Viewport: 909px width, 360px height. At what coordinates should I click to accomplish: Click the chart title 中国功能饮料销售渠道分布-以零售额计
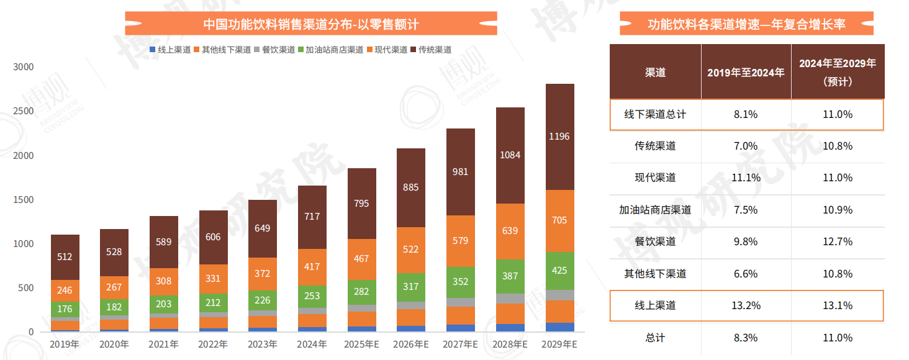point(311,24)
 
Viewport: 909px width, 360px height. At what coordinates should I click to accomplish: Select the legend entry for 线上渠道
point(170,50)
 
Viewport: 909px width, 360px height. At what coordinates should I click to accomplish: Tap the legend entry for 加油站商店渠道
point(330,50)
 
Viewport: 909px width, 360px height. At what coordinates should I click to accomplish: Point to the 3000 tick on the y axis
point(24,66)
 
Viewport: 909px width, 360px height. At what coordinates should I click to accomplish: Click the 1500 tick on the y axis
point(24,199)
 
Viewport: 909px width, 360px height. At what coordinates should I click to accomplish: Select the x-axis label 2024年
point(312,344)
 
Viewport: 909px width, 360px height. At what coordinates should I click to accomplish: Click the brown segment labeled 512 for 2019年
point(65,257)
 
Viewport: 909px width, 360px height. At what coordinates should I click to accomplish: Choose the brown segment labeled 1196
point(559,137)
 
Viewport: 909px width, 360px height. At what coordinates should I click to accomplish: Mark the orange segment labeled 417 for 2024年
point(312,267)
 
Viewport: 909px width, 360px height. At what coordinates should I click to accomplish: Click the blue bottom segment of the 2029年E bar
point(559,327)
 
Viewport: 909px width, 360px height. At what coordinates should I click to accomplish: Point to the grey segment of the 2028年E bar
point(510,299)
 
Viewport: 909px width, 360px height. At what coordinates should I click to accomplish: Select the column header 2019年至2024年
point(746,72)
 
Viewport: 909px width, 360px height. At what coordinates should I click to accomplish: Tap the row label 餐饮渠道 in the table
point(655,241)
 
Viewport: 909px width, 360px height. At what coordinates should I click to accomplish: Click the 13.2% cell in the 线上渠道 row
point(746,305)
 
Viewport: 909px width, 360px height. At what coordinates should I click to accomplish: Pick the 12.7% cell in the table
point(837,241)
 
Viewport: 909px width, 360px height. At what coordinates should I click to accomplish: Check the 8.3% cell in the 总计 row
point(746,338)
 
